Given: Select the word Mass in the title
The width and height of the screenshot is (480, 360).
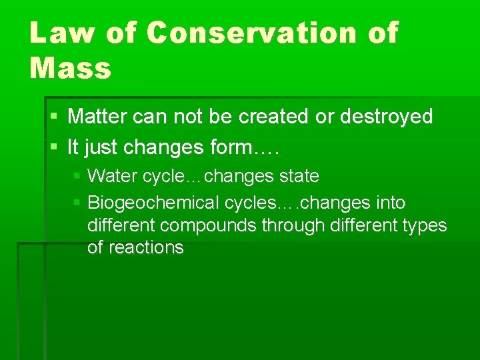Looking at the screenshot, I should coord(70,68).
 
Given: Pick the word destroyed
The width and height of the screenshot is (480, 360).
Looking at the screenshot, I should coord(386,117).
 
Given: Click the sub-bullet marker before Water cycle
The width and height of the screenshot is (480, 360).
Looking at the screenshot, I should coord(77,177).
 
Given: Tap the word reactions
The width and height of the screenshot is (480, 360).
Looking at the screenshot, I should coord(145,247).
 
